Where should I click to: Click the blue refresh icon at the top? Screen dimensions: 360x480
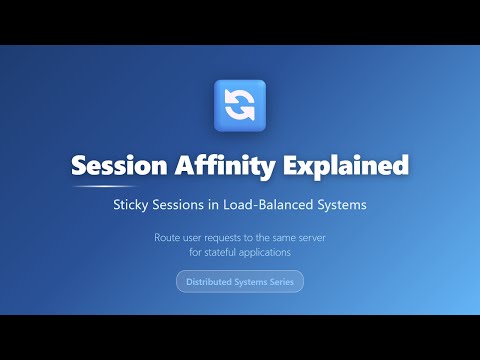240,105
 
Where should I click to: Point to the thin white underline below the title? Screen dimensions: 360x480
104,187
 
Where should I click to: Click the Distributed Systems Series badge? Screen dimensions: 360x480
240,282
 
